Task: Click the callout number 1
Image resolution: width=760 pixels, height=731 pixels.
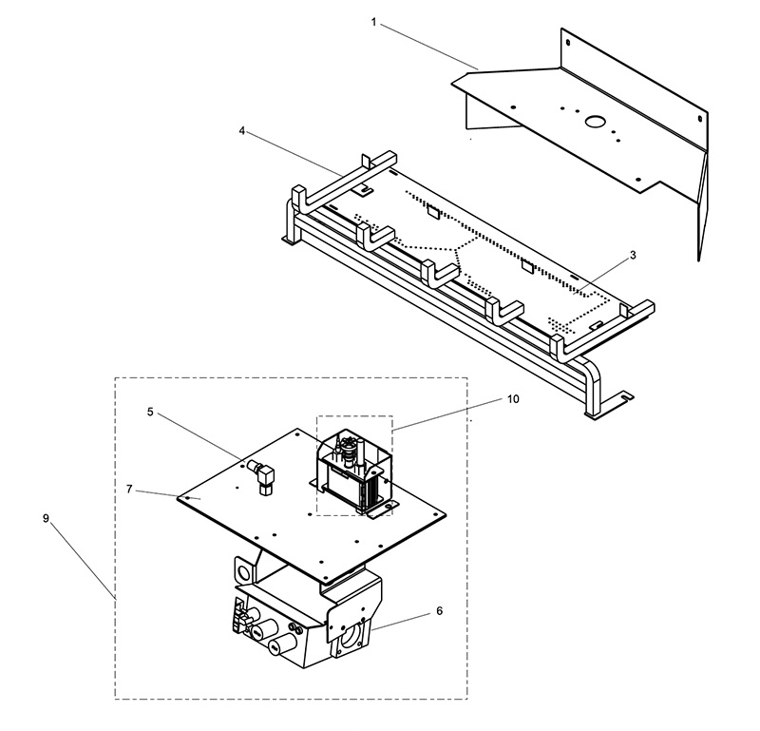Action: pyautogui.click(x=373, y=22)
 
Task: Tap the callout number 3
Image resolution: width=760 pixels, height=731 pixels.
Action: pyautogui.click(x=633, y=255)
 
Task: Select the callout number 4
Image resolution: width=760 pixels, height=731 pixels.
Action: pyautogui.click(x=242, y=131)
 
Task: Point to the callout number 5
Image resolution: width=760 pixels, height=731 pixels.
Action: pyautogui.click(x=150, y=412)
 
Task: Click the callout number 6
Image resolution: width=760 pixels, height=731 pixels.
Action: pyautogui.click(x=439, y=610)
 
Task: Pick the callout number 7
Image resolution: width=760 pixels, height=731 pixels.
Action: pyautogui.click(x=129, y=489)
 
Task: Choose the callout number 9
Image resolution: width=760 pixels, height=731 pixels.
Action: pyautogui.click(x=46, y=518)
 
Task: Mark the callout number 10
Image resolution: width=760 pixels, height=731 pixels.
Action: pyautogui.click(x=513, y=398)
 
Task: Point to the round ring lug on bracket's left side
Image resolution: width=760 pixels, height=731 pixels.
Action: pyautogui.click(x=243, y=570)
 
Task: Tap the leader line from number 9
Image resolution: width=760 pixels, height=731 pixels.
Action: pyautogui.click(x=83, y=561)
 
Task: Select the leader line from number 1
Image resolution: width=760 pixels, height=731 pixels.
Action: pyautogui.click(x=429, y=48)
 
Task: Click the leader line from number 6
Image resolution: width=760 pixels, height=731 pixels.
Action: pyautogui.click(x=401, y=622)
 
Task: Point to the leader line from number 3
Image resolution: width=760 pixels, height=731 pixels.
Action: pyautogui.click(x=601, y=278)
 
